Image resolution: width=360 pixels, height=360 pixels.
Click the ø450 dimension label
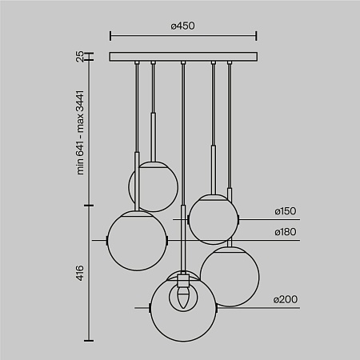point(182,26)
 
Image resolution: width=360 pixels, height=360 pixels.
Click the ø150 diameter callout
point(285,211)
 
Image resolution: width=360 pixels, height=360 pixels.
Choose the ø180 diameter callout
point(285,232)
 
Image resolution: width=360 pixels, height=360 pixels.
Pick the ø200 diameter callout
point(285,299)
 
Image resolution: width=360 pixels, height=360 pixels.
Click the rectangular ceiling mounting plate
point(182,57)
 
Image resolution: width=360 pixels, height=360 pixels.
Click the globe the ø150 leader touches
point(211,219)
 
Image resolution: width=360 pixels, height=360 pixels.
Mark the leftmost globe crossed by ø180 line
point(138,239)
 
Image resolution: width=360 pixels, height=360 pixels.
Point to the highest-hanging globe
point(153,186)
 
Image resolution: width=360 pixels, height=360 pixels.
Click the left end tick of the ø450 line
point(110,35)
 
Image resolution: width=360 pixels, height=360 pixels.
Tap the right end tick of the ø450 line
point(256,35)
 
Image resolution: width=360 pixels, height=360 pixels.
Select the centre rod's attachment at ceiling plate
point(183,63)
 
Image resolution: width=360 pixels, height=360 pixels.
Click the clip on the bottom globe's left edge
point(152,307)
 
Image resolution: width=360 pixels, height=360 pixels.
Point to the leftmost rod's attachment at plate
point(137,63)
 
